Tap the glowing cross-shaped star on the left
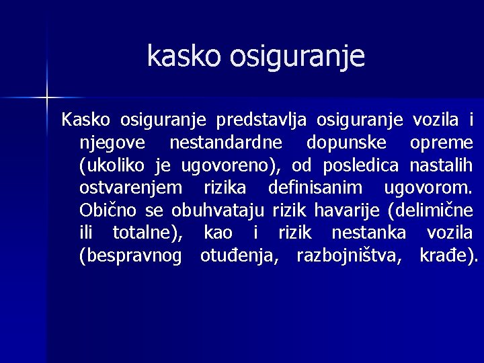47,98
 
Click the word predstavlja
261,120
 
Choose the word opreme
441,143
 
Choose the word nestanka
370,233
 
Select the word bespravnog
130,255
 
